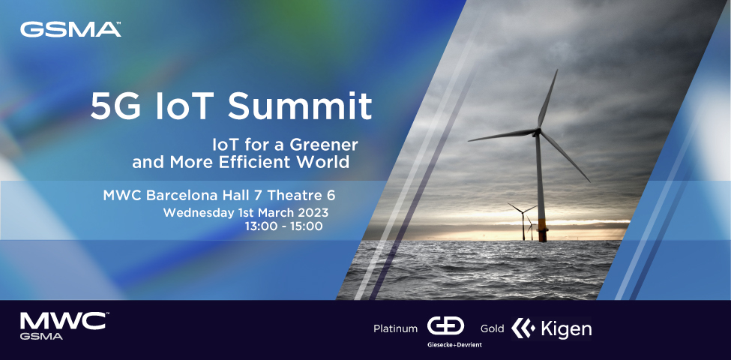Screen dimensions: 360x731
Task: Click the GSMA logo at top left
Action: coord(70,30)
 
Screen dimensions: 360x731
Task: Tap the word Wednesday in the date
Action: coord(196,212)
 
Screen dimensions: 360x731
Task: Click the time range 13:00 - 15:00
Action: coord(283,226)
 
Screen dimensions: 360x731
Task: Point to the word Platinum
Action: coord(395,328)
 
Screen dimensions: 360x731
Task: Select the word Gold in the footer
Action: coord(492,328)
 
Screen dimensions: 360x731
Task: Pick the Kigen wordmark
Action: coord(566,328)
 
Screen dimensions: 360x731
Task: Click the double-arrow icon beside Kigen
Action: coord(523,328)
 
